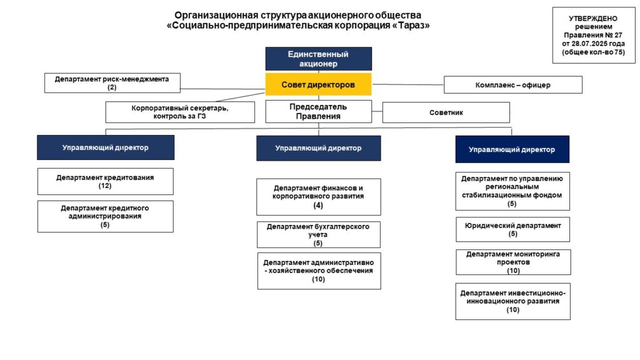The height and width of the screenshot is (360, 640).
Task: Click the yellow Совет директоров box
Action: (318, 84)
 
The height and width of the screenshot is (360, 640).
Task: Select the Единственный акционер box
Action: (318, 59)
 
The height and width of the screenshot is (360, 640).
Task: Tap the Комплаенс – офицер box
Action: (513, 85)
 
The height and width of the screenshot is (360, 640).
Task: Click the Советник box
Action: (446, 112)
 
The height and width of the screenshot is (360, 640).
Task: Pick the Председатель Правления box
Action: (318, 111)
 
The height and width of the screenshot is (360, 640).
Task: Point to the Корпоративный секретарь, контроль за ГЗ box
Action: (180, 112)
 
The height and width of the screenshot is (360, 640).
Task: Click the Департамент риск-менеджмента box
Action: (112, 83)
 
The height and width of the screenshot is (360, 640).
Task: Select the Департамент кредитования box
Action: (105, 182)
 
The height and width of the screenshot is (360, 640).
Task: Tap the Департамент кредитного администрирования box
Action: (105, 216)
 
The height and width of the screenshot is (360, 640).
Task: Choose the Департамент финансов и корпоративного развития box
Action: (318, 197)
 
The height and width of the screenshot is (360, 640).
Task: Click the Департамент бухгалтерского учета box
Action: (318, 235)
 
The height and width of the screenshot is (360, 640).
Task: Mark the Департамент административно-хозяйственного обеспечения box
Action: (319, 271)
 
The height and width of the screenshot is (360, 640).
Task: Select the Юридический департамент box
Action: (512, 229)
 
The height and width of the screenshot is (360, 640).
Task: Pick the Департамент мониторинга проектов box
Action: (513, 262)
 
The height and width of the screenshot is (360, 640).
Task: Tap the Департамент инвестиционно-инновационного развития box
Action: (512, 302)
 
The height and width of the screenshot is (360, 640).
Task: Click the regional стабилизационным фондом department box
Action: (512, 191)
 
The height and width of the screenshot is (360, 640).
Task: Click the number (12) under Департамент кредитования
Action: (105, 186)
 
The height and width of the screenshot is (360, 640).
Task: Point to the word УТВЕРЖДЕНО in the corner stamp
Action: (593, 18)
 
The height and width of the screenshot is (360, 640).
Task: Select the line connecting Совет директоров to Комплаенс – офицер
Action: (407, 84)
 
